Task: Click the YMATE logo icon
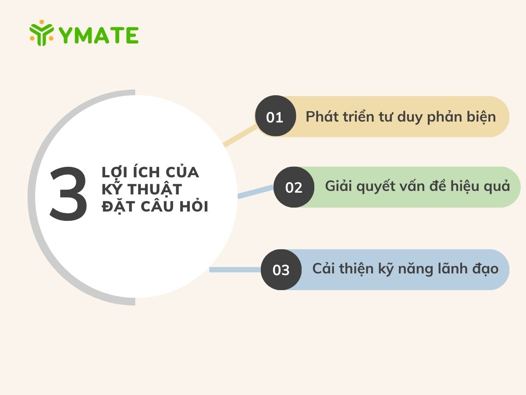coord(42,33)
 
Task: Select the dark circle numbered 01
coord(275,117)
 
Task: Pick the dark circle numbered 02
coord(294,187)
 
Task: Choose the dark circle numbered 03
coord(281,269)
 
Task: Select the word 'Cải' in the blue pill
coord(323,268)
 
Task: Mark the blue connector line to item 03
coord(235,269)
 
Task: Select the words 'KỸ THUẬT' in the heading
coord(142,190)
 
